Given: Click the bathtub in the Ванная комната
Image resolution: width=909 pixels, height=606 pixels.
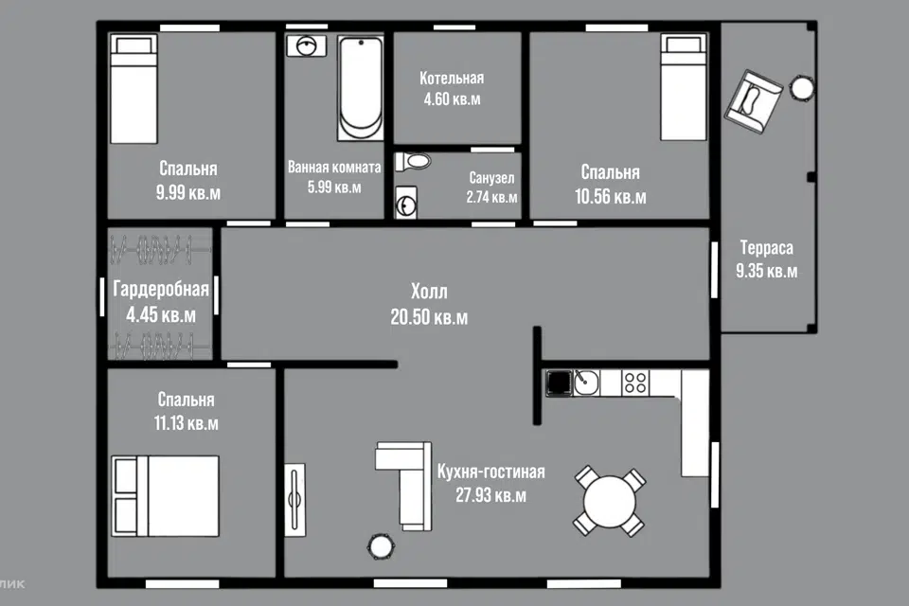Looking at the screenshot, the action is point(360,88).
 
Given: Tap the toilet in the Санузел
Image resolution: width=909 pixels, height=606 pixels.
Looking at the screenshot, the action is point(413,161).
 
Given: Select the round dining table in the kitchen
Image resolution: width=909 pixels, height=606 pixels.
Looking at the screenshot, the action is point(610,502).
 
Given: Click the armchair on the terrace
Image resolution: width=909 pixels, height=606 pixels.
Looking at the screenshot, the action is point(753,101).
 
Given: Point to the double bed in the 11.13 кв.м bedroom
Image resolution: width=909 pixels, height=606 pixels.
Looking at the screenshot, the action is point(165,496).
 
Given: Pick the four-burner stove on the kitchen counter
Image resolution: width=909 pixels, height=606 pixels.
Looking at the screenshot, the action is point(635,383).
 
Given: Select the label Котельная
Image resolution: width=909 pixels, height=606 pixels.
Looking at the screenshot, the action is point(452,79).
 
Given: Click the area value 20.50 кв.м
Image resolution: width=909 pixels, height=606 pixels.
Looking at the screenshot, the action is point(429,317).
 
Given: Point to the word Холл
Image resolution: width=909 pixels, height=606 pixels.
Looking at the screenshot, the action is point(429,291).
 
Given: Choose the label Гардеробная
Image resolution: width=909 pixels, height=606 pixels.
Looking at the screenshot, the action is point(161,290).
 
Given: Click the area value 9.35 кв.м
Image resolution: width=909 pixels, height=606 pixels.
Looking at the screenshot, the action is point(766,271).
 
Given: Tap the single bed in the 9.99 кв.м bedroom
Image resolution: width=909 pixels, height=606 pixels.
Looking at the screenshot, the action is point(134,89).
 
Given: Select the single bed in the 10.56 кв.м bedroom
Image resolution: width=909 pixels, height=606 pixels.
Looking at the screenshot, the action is point(684,87).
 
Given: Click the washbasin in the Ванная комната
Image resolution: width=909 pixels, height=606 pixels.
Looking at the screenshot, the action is point(306,45).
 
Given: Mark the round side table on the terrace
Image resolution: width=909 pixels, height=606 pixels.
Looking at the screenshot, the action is point(802,88).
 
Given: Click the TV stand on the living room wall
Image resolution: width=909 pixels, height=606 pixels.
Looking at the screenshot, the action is point(294,500).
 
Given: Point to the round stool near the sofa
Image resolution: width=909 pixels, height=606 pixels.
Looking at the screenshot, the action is point(381,545).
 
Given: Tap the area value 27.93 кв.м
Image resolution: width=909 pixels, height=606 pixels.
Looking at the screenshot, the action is point(491,495).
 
